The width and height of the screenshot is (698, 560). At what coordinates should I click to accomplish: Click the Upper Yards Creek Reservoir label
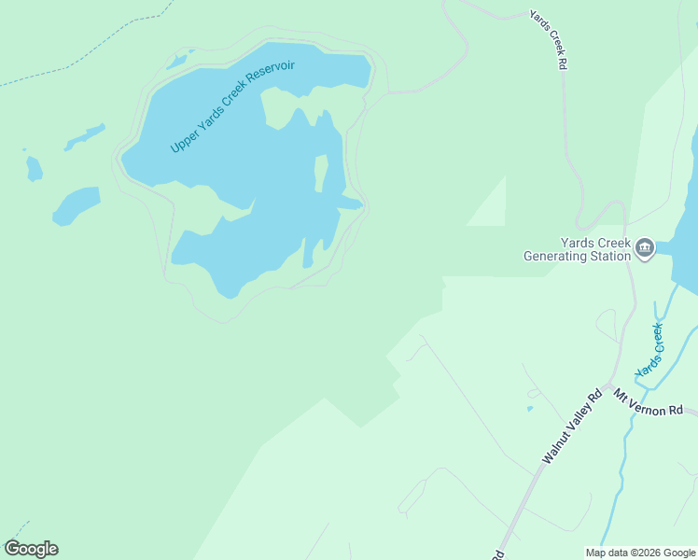(x=232, y=107)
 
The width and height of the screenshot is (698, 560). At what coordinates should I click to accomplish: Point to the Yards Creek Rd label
(x=549, y=41)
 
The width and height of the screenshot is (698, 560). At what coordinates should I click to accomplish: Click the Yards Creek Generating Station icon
(x=644, y=248)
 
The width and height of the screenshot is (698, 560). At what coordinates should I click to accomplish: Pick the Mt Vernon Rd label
(x=649, y=408)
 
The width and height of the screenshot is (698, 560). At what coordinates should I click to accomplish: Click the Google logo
(x=31, y=549)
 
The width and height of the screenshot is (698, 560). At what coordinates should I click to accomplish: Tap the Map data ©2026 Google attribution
(x=640, y=553)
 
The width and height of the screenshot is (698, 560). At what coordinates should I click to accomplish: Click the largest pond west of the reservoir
(x=76, y=205)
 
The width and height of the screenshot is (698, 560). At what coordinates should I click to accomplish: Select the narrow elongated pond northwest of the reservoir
(x=85, y=137)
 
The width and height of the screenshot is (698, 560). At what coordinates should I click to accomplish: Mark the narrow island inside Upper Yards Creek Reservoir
(x=321, y=173)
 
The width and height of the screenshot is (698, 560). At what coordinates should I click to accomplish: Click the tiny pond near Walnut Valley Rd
(x=530, y=408)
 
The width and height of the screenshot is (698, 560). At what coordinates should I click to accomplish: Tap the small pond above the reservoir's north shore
(x=176, y=63)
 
